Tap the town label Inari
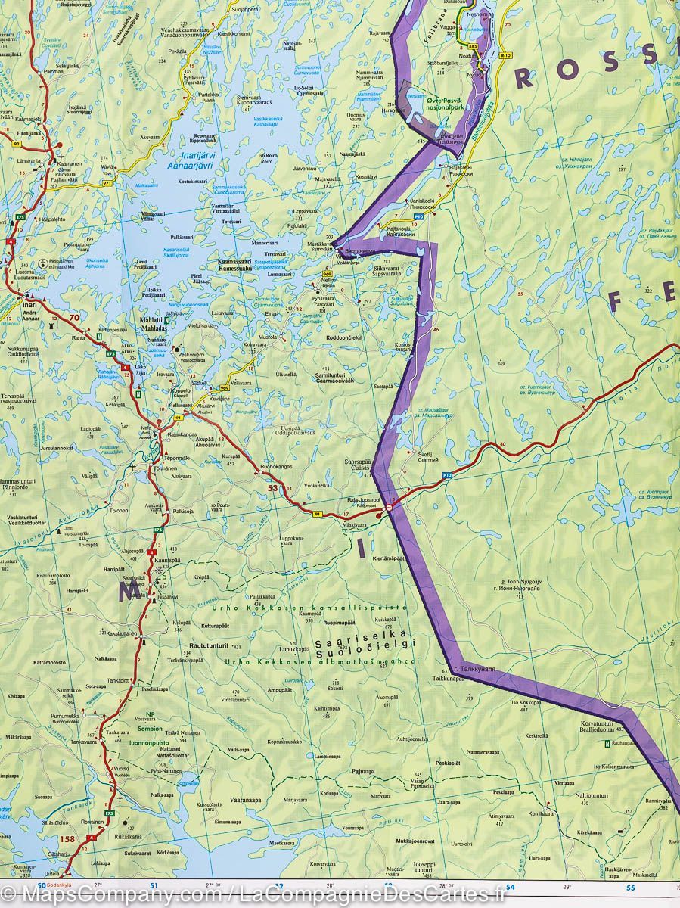(30, 305)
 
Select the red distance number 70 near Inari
(73, 319)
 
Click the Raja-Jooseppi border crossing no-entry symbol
(389, 507)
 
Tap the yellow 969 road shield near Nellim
(327, 273)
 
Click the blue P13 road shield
(448, 474)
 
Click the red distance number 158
(67, 838)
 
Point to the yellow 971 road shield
(107, 183)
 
